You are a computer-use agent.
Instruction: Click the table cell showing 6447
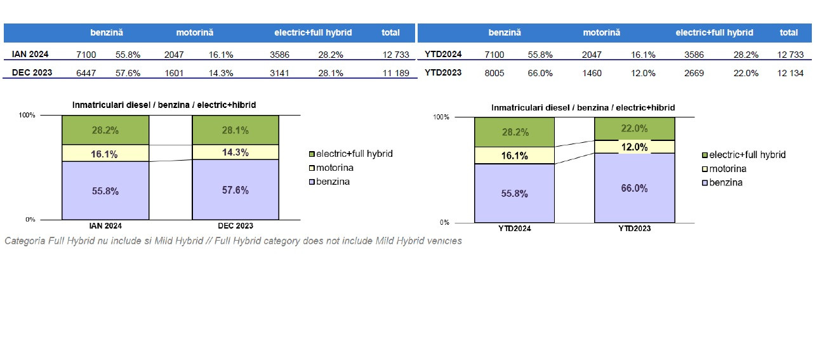(86, 73)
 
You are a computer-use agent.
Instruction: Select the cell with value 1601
(173, 73)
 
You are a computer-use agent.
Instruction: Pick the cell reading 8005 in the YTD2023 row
(494, 73)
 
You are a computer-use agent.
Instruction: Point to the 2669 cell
(694, 73)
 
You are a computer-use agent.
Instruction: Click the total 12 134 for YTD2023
(790, 73)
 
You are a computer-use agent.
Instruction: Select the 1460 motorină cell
(592, 73)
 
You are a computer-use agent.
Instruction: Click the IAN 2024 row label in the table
(30, 55)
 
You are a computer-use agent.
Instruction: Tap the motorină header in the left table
(195, 32)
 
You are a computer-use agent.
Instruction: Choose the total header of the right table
(789, 32)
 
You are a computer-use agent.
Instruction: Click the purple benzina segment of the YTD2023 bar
(634, 188)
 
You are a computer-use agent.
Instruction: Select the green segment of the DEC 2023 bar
(235, 130)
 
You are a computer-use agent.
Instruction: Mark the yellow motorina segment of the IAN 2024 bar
(105, 154)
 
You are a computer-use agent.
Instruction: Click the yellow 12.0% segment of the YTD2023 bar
(634, 147)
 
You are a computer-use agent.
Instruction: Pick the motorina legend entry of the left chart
(331, 168)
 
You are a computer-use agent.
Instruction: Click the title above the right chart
(583, 108)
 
